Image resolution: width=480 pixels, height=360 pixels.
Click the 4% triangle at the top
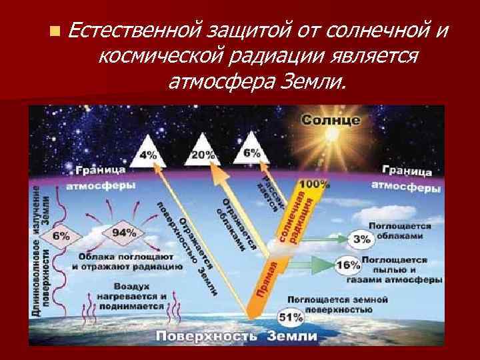click(x=149, y=152)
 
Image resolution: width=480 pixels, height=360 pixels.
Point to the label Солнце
click(x=331, y=121)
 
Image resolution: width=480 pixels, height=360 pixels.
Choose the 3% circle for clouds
click(x=361, y=238)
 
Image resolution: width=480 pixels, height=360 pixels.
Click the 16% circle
click(x=348, y=265)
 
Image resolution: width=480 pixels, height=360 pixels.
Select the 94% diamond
click(x=123, y=233)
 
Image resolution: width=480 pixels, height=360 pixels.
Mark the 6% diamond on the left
click(x=61, y=236)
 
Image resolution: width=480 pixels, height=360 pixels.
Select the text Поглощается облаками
click(x=398, y=231)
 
